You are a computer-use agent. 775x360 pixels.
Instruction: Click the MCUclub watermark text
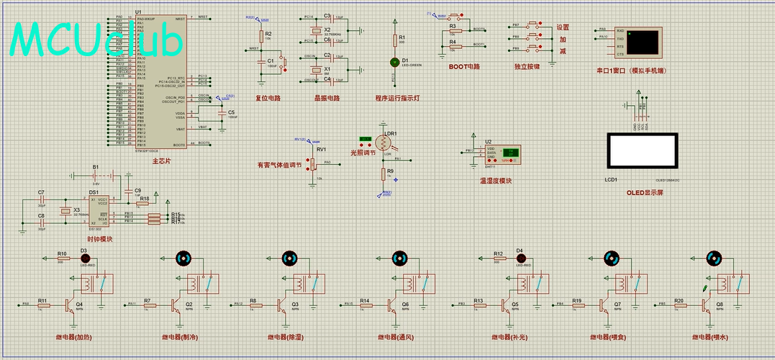pyautogui.click(x=97, y=40)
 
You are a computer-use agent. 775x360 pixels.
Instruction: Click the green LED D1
pyautogui.click(x=394, y=62)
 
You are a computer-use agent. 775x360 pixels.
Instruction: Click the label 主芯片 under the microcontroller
pyautogui.click(x=162, y=161)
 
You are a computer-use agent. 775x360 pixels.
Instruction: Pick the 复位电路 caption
pyautogui.click(x=268, y=98)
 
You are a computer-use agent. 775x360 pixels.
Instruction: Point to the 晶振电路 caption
pyautogui.click(x=327, y=98)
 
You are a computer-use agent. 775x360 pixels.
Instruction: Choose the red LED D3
pyautogui.click(x=83, y=259)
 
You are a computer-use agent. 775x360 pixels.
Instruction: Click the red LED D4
pyautogui.click(x=520, y=259)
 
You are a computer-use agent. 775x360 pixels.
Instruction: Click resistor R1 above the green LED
pyautogui.click(x=394, y=42)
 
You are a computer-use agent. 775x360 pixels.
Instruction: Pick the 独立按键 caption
pyautogui.click(x=527, y=67)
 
